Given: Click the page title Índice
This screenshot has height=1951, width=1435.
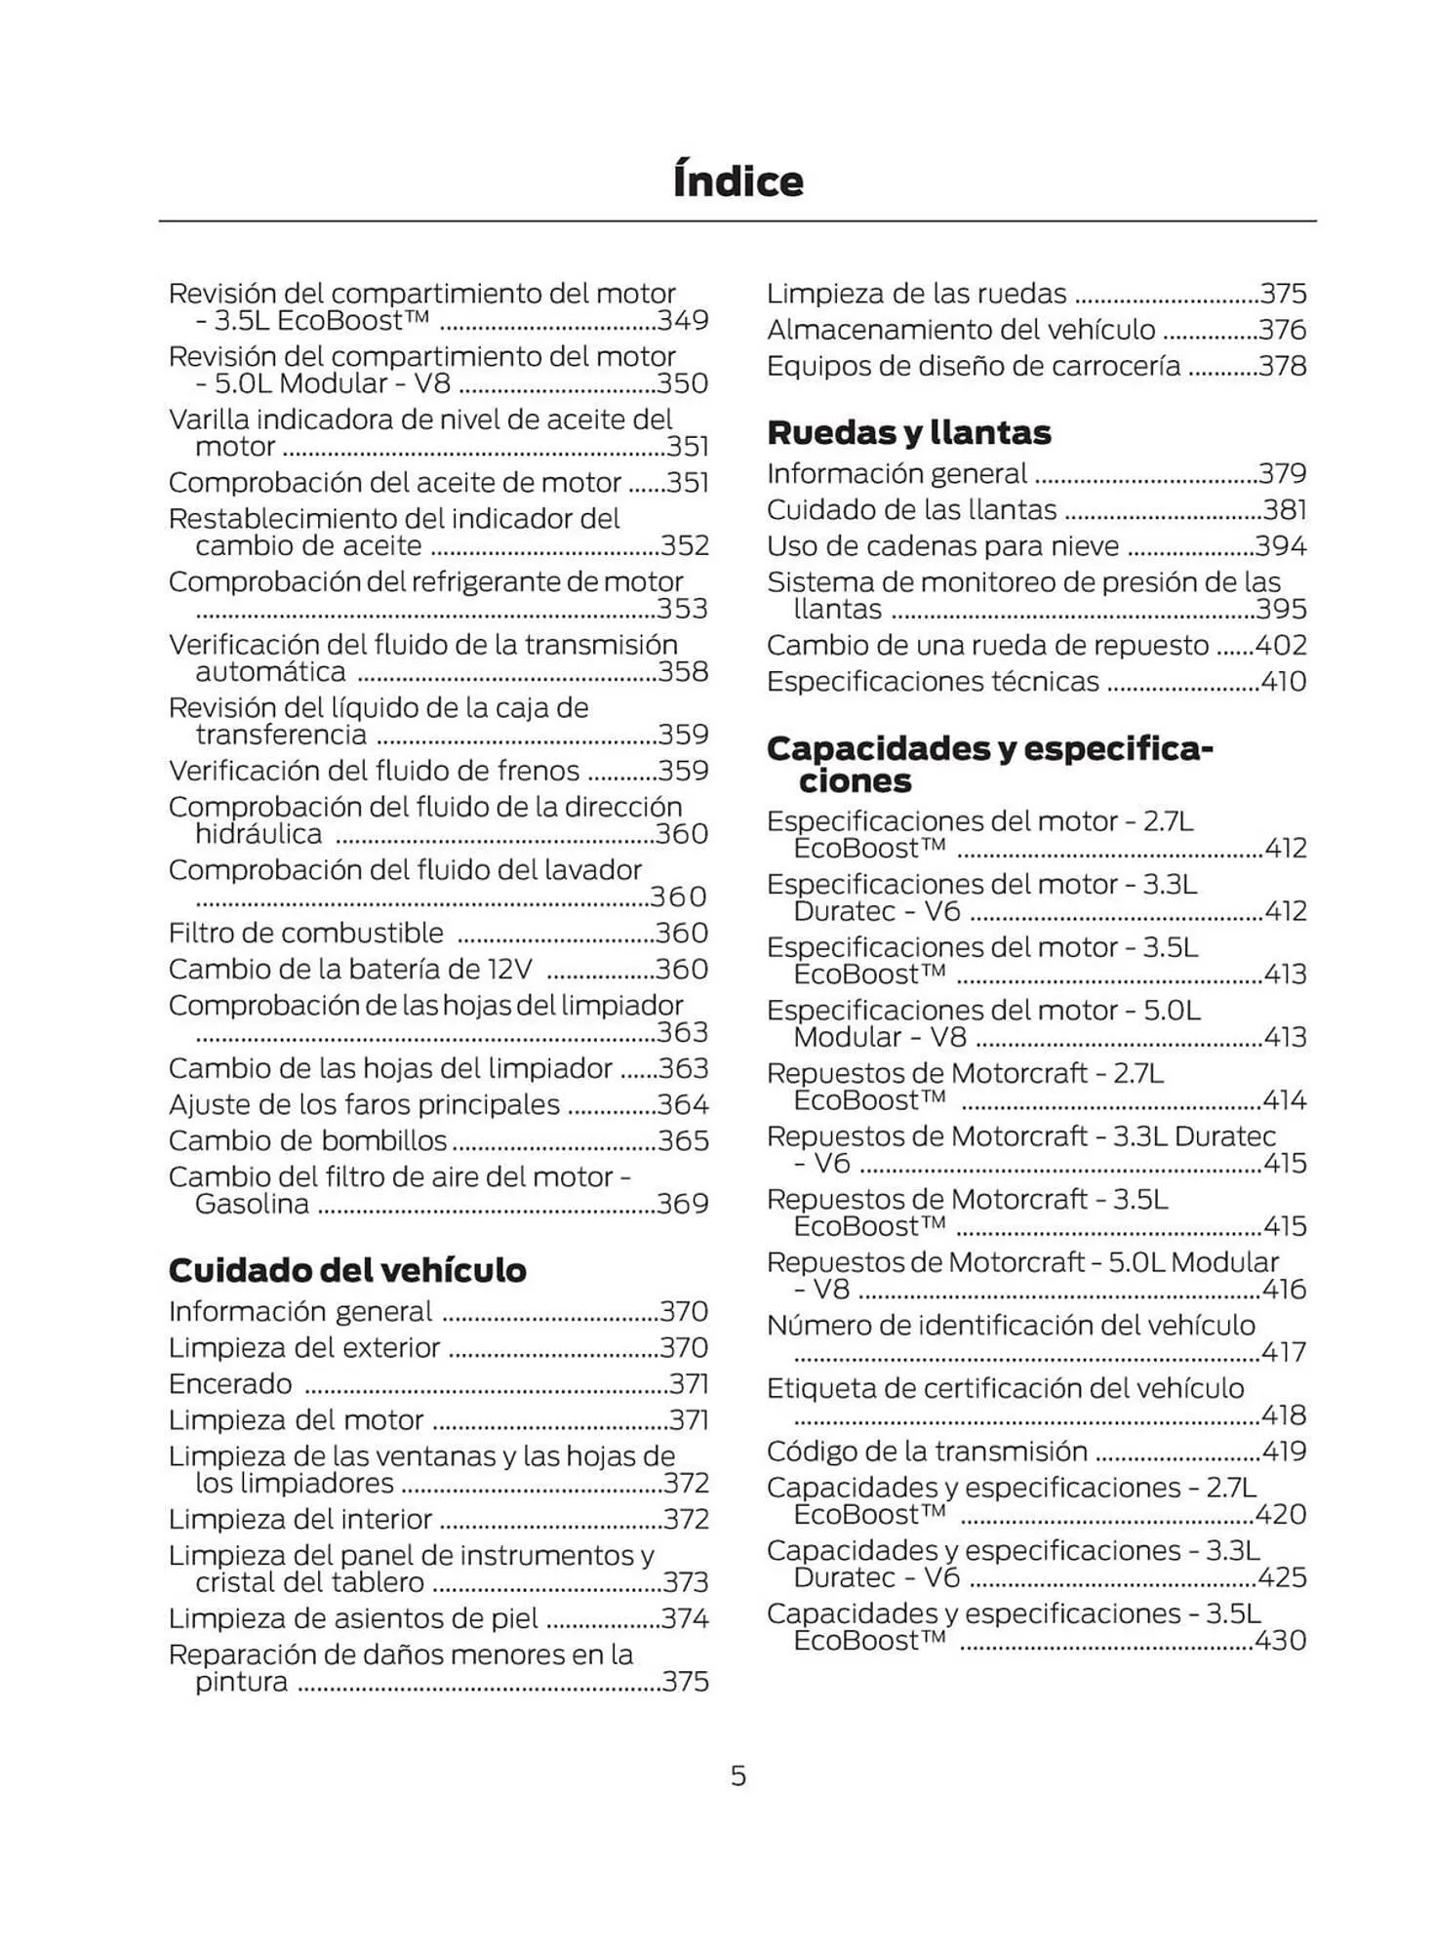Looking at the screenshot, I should [x=737, y=181].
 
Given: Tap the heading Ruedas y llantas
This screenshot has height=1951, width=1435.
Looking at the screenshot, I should [x=908, y=432].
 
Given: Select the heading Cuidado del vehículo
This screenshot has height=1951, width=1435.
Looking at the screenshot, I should [x=346, y=1270].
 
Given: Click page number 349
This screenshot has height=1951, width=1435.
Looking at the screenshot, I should [x=683, y=320].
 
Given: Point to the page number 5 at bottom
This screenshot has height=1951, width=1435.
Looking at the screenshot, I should [x=738, y=1775].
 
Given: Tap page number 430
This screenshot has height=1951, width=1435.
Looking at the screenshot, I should [x=1280, y=1640].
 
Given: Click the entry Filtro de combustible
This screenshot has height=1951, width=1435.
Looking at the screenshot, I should [x=305, y=933].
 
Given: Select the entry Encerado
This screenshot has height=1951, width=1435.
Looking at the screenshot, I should [x=230, y=1383].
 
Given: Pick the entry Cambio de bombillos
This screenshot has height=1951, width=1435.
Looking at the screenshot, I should [x=307, y=1140].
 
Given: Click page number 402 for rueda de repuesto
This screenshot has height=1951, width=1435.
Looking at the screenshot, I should [x=1280, y=645].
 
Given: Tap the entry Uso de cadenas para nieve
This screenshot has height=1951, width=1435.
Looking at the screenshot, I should [x=942, y=545].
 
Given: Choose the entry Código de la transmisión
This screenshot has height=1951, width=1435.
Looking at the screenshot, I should [x=927, y=1451].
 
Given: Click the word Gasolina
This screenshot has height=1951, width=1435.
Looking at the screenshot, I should [x=252, y=1204].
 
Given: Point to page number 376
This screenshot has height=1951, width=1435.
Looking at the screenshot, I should [x=1282, y=330].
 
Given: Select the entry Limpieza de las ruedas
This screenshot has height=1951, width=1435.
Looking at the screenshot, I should [x=916, y=294].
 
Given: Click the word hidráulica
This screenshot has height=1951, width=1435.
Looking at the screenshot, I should [x=259, y=834].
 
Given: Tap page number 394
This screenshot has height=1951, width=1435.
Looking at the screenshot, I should [x=1280, y=545].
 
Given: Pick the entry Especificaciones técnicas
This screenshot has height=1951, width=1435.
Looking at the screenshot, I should [x=933, y=681].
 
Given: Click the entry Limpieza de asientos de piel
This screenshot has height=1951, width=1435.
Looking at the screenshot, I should [x=353, y=1618].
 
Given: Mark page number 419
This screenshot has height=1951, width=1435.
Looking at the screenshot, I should [x=1284, y=1451].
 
